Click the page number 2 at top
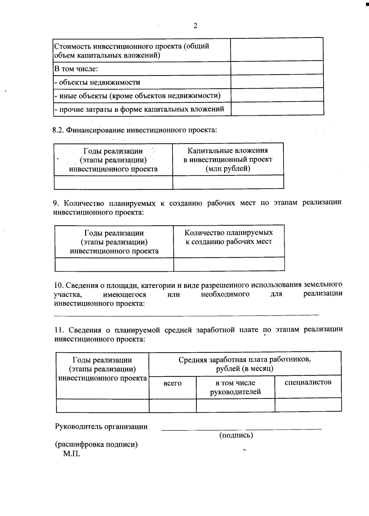pos(195,26)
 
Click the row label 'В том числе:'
pos(76,69)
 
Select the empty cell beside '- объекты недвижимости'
pos(277,82)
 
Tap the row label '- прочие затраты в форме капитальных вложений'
pos(139,109)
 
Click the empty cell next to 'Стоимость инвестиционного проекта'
pos(277,50)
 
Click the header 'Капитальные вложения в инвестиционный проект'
pos(228,155)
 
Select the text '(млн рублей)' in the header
pos(228,168)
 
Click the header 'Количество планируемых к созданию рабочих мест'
pos(228,237)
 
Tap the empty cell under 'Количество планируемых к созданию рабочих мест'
pos(229,264)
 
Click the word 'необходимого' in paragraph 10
pos(225,294)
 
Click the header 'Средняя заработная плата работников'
pos(244,360)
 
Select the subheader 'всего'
pos(173,383)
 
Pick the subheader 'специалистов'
pos(308,382)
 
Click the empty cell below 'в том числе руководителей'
pos(235,405)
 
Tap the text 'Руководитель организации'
pos(101,427)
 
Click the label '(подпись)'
pos(236,435)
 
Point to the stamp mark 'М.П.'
pos(72,454)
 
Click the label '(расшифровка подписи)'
pos(96,444)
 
